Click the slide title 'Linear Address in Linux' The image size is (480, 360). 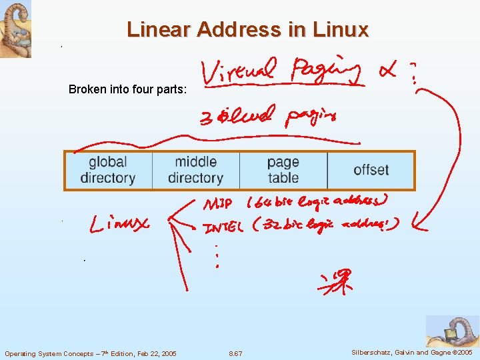247,29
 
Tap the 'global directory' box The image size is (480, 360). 108,170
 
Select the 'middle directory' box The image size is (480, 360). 195,170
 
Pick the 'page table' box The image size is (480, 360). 283,170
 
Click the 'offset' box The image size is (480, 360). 371,170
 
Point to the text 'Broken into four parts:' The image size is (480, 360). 129,90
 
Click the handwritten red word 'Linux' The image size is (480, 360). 120,224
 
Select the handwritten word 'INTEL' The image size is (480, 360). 224,228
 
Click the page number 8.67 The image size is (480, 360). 235,353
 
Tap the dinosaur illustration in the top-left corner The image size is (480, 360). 15,29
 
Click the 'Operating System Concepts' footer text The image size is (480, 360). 91,353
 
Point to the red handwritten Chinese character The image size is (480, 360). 335,281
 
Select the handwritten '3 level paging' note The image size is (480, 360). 268,118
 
